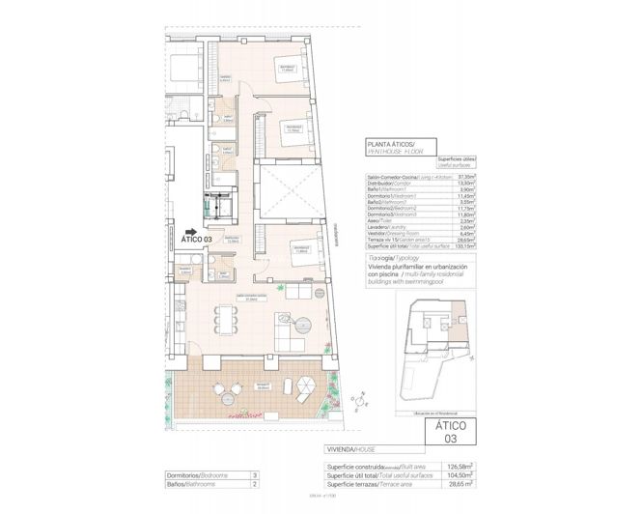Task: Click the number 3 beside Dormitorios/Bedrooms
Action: tap(253, 475)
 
